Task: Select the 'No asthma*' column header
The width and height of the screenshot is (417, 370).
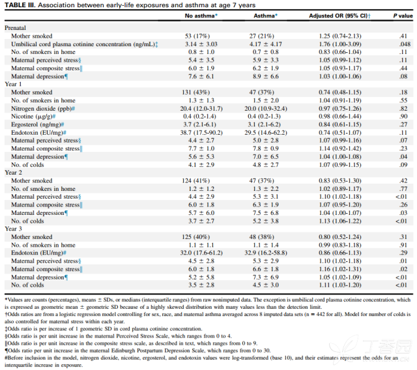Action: click(202, 16)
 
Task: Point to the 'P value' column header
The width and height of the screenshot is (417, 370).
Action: click(404, 16)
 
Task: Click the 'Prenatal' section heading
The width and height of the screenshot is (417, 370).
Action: click(16, 29)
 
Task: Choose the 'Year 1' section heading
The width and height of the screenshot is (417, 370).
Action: click(13, 84)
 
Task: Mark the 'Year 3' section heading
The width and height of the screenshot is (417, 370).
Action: click(13, 229)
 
